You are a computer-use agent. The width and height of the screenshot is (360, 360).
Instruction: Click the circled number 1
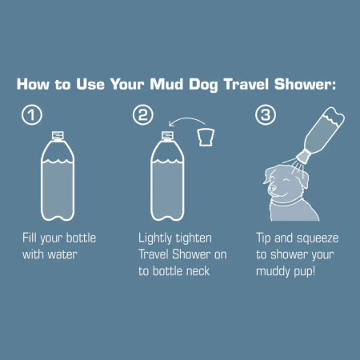pyautogui.click(x=30, y=115)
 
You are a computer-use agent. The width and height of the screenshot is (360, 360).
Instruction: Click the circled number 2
pyautogui.click(x=143, y=115)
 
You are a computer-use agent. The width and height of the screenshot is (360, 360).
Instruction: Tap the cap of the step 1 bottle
pyautogui.click(x=57, y=134)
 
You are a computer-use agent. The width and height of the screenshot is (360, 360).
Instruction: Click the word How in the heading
pyautogui.click(x=34, y=84)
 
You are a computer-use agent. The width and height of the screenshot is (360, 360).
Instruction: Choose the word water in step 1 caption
pyautogui.click(x=66, y=254)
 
